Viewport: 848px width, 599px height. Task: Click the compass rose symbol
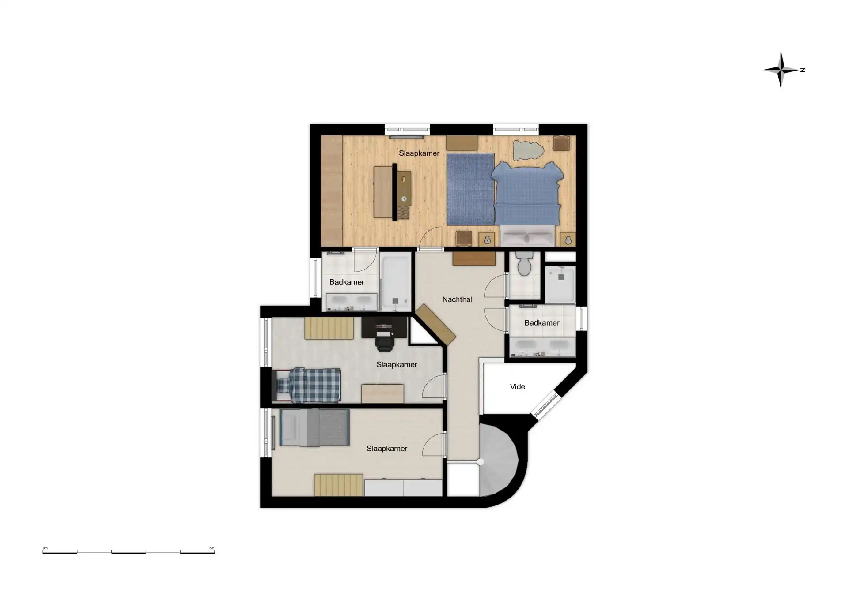781,70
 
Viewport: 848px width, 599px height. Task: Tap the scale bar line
129,552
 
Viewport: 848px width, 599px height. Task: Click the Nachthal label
457,299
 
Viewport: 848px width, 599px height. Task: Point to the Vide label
517,387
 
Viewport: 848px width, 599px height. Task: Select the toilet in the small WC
524,264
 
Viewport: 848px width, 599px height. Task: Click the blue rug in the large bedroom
470,189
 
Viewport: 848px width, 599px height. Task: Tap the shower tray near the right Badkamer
560,285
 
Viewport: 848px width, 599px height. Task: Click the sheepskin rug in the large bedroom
528,150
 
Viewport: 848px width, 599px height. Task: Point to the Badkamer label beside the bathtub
347,282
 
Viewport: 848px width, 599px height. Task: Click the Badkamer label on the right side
542,323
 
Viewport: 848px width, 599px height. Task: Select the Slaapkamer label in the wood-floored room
419,153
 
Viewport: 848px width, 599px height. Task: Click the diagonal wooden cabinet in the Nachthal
435,324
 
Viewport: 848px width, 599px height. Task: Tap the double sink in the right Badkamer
543,347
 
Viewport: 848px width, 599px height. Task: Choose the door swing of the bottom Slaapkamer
434,445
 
